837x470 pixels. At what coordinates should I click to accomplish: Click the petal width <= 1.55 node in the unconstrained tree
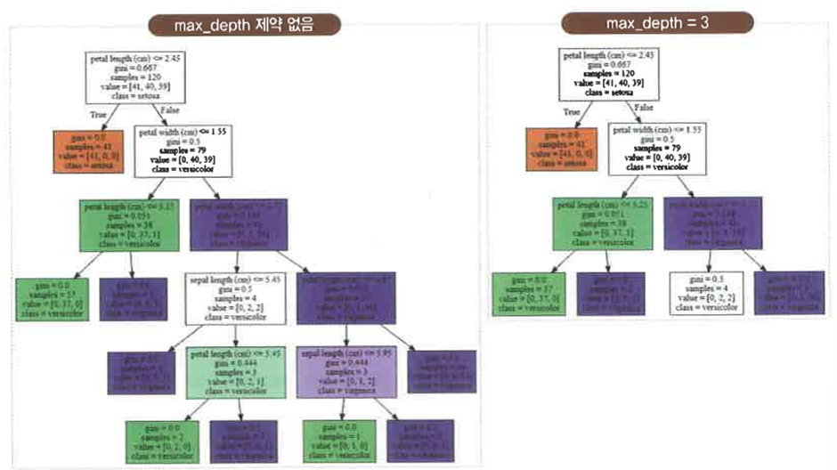click(x=184, y=150)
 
